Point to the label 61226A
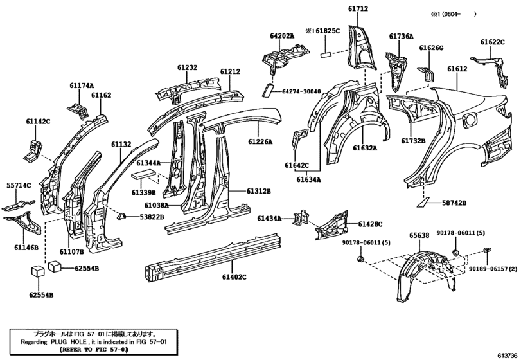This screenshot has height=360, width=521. pyautogui.click(x=260, y=142)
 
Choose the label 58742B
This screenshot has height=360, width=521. pyautogui.click(x=454, y=203)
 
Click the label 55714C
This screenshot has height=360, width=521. pyautogui.click(x=19, y=185)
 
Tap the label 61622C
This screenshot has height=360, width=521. pyautogui.click(x=493, y=42)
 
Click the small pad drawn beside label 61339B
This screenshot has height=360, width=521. pyautogui.click(x=143, y=174)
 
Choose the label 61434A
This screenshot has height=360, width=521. pyautogui.click(x=270, y=219)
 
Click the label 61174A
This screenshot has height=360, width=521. pyautogui.click(x=82, y=85)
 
